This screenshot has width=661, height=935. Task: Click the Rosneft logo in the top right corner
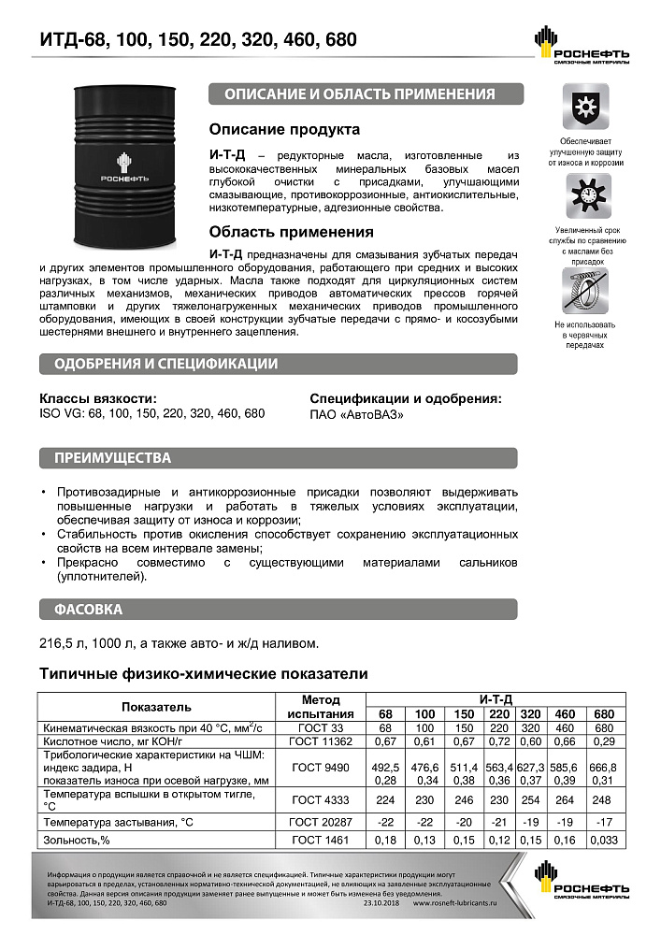coord(580,46)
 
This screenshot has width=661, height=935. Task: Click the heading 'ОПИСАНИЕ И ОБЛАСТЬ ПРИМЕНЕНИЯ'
coord(365,93)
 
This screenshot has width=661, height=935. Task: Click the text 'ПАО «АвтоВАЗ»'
coord(357,413)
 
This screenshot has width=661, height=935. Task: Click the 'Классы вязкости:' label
coord(92,397)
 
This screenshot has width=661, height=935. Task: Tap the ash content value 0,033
coord(604,840)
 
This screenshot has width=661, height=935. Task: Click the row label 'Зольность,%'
coord(69,840)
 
